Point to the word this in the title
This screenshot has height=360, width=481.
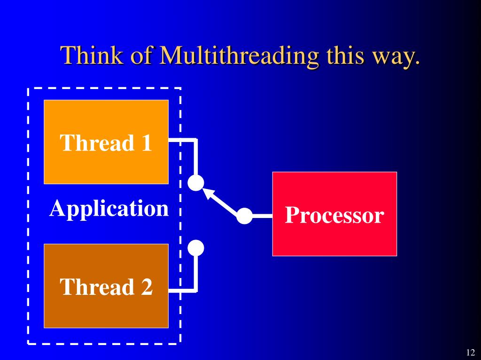[346, 56]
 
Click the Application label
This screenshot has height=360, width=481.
[109, 209]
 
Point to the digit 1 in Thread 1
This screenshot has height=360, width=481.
[146, 143]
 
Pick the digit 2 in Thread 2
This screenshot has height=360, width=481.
[147, 287]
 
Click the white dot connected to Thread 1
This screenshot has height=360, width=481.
[196, 183]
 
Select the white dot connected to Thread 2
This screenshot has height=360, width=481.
[196, 247]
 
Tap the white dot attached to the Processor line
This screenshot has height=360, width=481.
[244, 216]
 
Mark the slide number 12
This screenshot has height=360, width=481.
[470, 353]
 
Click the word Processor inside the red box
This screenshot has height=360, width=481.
[334, 216]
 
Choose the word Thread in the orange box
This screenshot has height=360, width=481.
[96, 143]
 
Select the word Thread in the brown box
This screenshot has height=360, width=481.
[96, 287]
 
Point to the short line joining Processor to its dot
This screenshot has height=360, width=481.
[262, 216]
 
